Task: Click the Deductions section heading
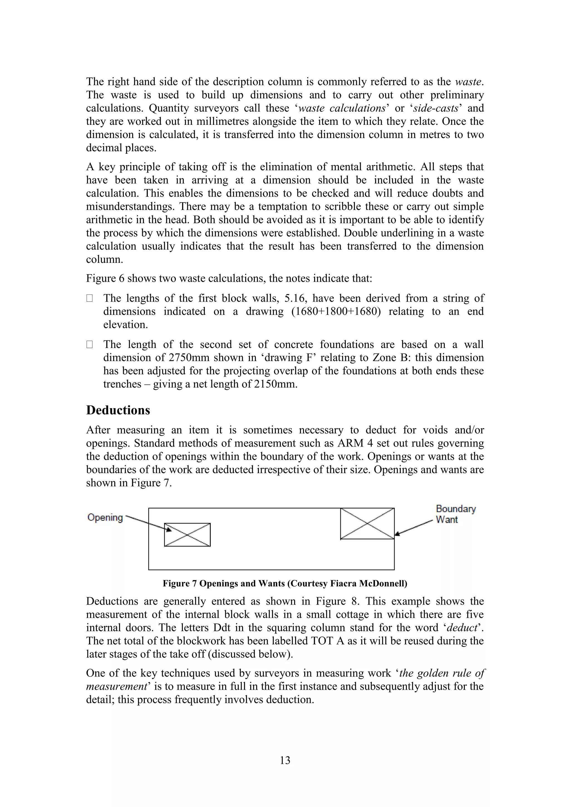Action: click(118, 410)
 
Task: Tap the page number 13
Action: click(285, 760)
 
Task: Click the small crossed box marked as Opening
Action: click(187, 535)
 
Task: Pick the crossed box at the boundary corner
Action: click(367, 523)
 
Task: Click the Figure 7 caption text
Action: click(285, 584)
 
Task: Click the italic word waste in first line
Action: click(468, 82)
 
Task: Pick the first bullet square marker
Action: click(90, 298)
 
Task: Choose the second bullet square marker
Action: click(90, 345)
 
